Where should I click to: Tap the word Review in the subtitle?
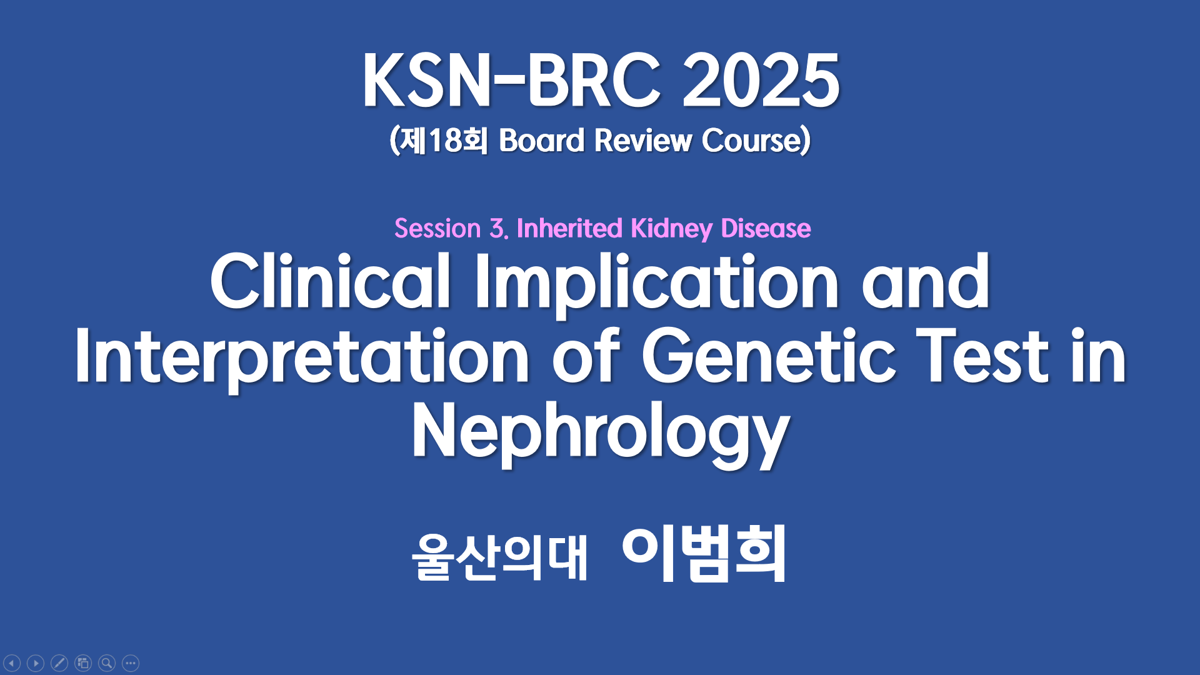click(x=643, y=140)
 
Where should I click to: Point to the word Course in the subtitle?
click(x=751, y=140)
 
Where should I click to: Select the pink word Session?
click(x=437, y=228)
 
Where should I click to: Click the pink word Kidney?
click(x=671, y=229)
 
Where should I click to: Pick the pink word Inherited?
click(x=569, y=228)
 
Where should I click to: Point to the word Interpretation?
click(x=302, y=359)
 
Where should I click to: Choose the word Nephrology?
click(x=601, y=432)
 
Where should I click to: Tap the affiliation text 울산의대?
click(x=499, y=557)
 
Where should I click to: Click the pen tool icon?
click(x=59, y=662)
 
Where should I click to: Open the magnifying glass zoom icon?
click(x=107, y=662)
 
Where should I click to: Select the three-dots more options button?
click(x=131, y=662)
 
